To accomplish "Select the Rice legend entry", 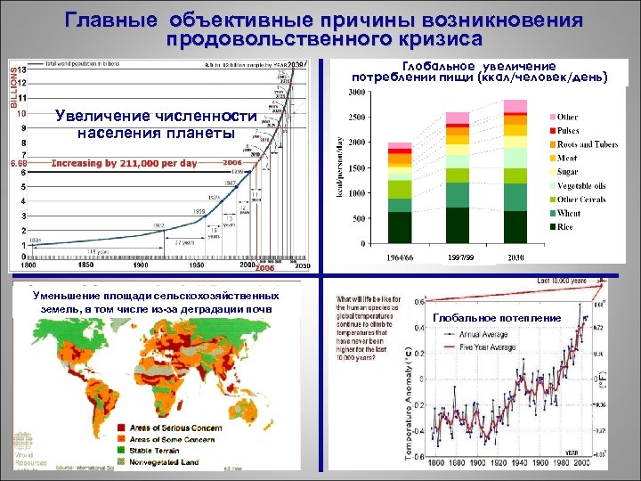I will pos(566,226).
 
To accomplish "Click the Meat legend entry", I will pos(568,158).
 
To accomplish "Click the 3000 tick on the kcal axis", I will pos(355,92).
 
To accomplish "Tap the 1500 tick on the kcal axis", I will pos(355,167).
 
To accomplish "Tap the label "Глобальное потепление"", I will pos(497,318).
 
